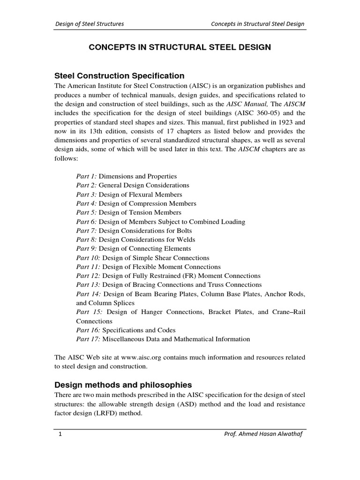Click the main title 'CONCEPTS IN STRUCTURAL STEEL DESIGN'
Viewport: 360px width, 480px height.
[x=180, y=47]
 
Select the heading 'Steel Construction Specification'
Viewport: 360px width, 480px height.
[x=120, y=75]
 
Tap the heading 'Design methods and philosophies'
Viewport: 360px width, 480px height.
[x=123, y=385]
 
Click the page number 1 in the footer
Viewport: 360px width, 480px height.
[x=60, y=435]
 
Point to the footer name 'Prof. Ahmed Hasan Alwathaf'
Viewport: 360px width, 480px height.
[x=265, y=435]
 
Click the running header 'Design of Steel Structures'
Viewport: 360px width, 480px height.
[x=90, y=24]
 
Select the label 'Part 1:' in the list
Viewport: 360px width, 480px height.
[x=87, y=176]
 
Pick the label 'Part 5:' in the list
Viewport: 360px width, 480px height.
[x=87, y=212]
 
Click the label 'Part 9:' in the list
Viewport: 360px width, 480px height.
[x=87, y=248]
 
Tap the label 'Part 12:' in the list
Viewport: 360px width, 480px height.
[x=88, y=276]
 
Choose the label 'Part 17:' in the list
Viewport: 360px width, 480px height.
[x=88, y=339]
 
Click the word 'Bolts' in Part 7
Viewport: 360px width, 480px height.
[x=184, y=231]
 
